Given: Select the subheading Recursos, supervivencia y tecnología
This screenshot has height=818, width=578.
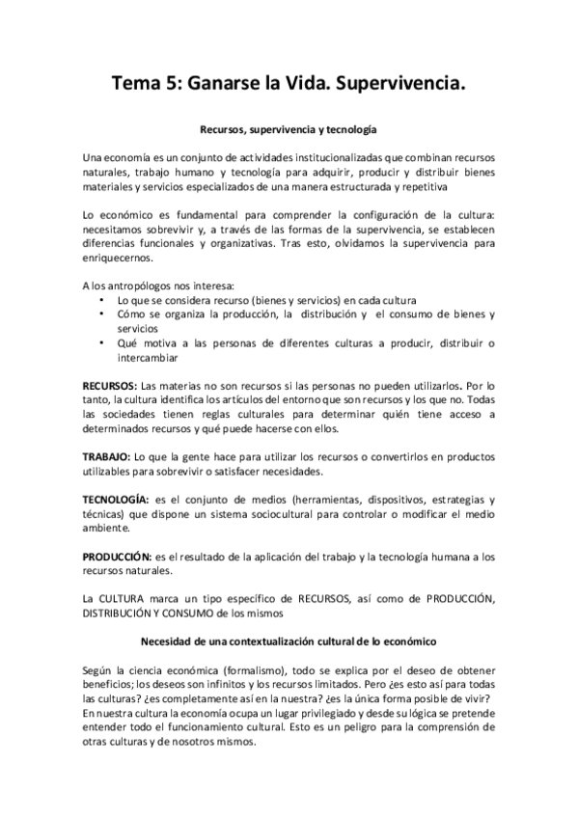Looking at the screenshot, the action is point(288,128).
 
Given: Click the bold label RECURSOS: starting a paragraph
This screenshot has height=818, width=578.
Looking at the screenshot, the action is point(112,384).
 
